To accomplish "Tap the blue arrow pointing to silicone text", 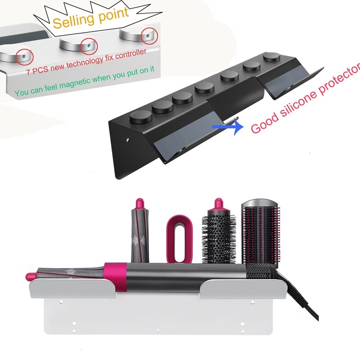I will (x=225, y=127).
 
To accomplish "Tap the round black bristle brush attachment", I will (x=218, y=238).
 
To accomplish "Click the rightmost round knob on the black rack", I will (x=271, y=58).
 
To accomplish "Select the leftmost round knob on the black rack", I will (x=138, y=118).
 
